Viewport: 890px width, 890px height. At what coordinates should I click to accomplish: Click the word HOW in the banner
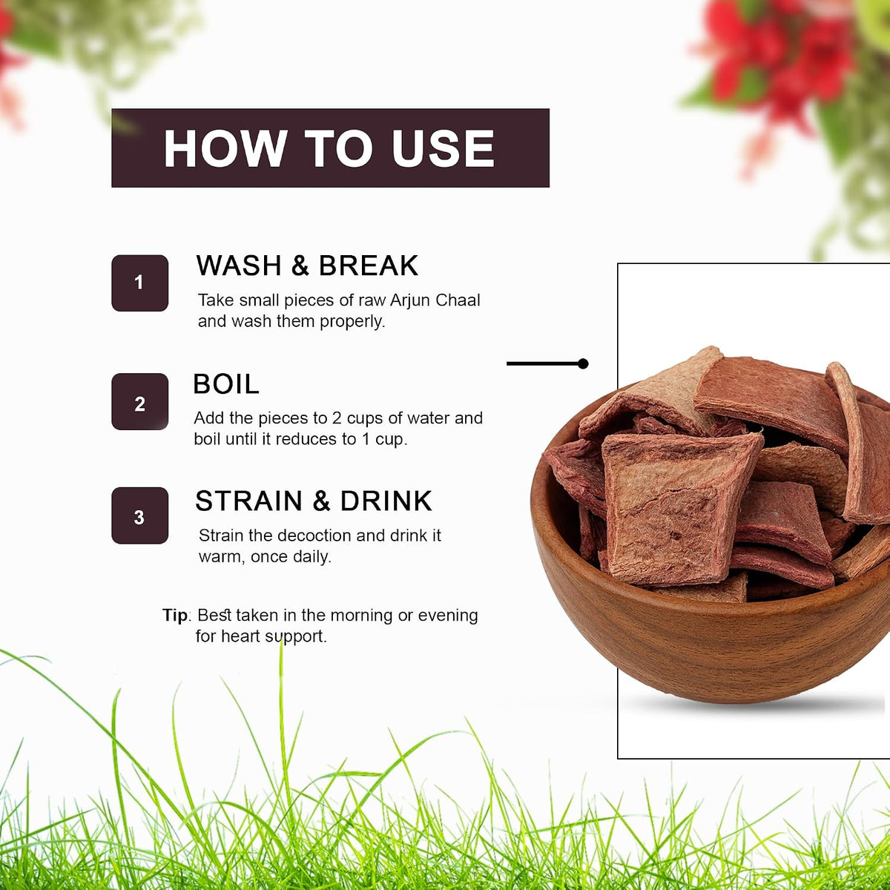point(225,148)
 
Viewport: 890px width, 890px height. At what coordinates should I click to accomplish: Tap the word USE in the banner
point(444,148)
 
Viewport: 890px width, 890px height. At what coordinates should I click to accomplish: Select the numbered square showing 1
point(139,283)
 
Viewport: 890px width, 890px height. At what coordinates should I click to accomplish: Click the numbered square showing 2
point(139,401)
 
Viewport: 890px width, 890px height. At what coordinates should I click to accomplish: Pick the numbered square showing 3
point(139,515)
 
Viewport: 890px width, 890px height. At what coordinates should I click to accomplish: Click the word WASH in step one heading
point(239,266)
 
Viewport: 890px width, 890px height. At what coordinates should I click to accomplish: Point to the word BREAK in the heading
point(368,266)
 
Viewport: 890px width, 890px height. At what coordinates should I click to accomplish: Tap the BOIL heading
point(226,383)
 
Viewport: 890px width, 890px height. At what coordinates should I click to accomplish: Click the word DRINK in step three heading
point(386,501)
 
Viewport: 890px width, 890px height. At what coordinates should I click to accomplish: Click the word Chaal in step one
point(458,300)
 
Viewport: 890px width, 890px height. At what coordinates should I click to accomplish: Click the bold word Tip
point(174,616)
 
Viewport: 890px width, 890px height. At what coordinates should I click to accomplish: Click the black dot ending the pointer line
point(584,363)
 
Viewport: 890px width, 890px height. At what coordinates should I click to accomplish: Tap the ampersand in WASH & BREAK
point(300,266)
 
